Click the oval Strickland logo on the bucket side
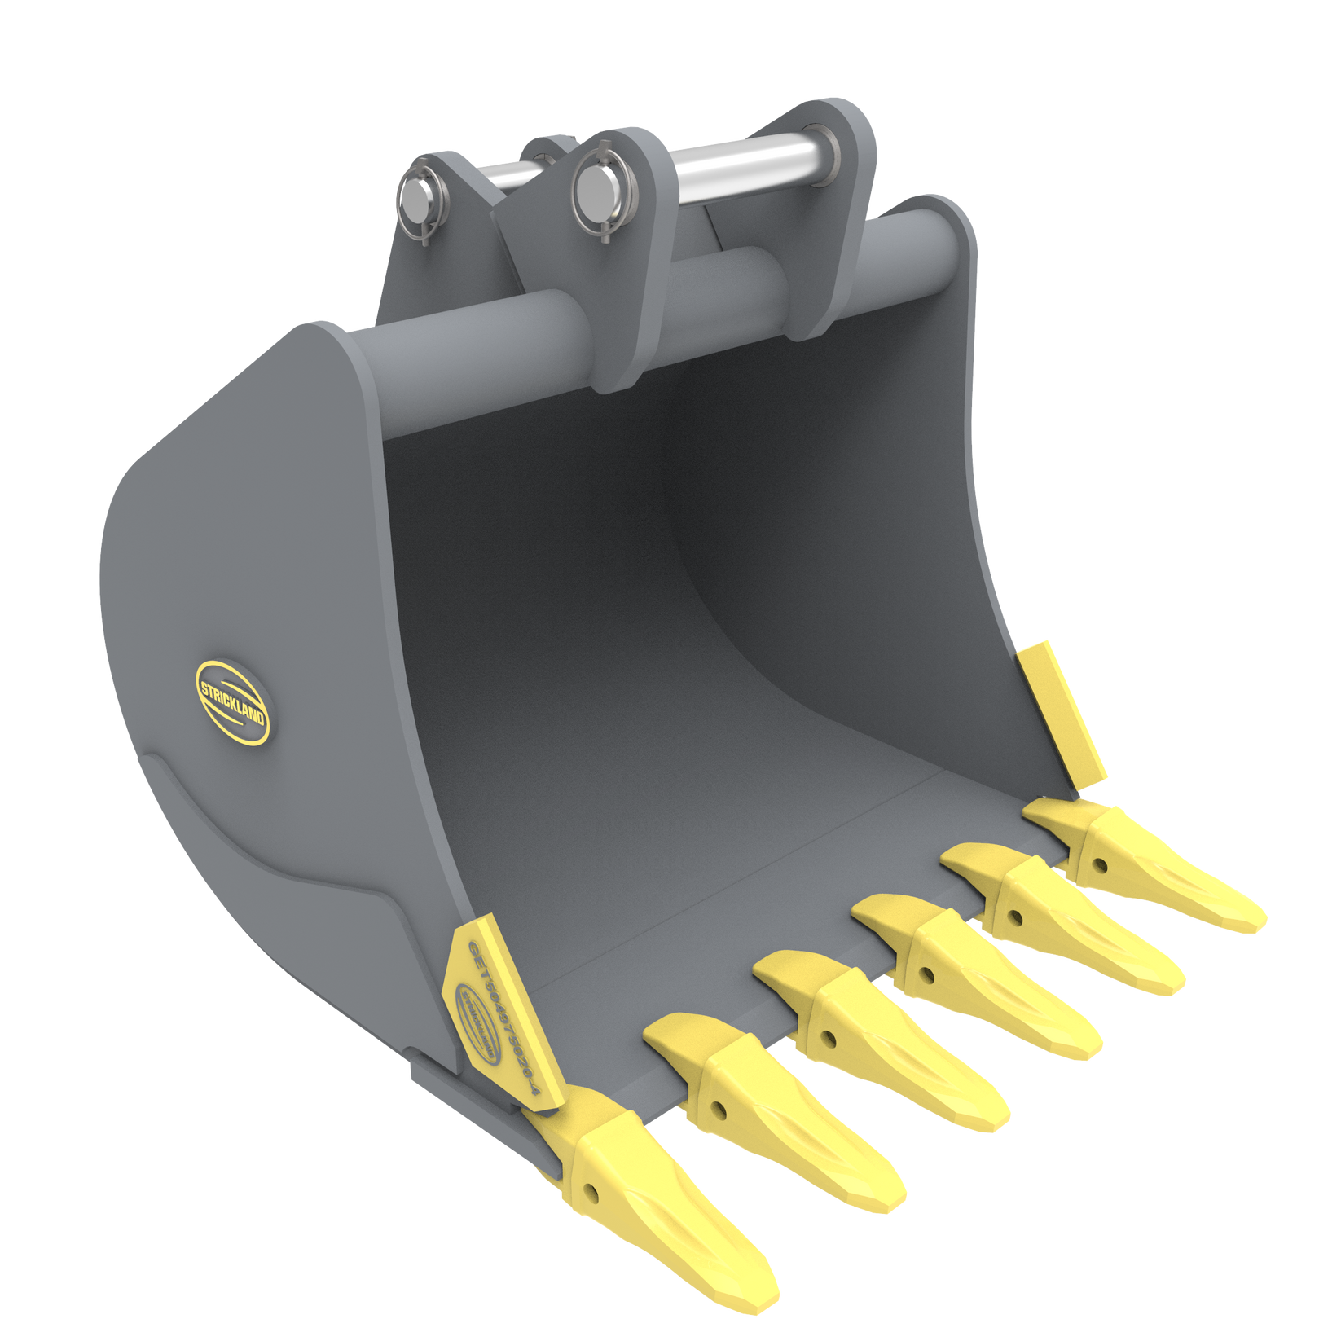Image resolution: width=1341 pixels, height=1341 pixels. [x=232, y=701]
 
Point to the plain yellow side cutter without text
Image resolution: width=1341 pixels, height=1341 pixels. [x=1063, y=713]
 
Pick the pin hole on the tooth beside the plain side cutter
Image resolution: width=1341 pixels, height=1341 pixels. [x=1100, y=863]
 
